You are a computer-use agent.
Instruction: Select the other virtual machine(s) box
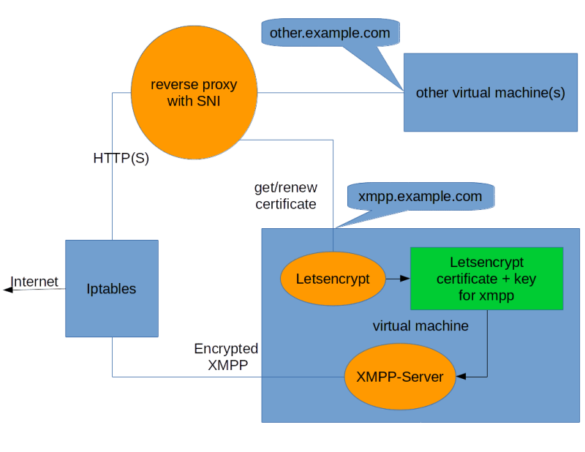[x=490, y=93]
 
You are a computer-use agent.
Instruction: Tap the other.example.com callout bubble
[x=329, y=34]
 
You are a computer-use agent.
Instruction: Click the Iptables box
[x=112, y=288]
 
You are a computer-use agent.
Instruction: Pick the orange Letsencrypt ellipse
[x=333, y=279]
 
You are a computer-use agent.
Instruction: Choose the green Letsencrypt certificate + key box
[x=486, y=278]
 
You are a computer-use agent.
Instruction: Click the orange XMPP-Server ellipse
[x=399, y=377]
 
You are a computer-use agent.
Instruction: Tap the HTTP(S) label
[x=121, y=158]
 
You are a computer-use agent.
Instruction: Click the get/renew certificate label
[x=285, y=196]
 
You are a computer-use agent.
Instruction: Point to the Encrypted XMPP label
[x=225, y=357]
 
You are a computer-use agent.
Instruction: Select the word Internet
[x=35, y=282]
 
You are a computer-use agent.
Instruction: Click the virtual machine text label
[x=420, y=326]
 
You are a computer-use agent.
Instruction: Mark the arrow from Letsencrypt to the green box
[x=397, y=279]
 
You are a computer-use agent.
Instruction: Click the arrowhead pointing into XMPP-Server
[x=461, y=377]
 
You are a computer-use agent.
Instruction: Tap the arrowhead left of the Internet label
[x=7, y=290]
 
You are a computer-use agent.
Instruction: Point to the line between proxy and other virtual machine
[x=329, y=93]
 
